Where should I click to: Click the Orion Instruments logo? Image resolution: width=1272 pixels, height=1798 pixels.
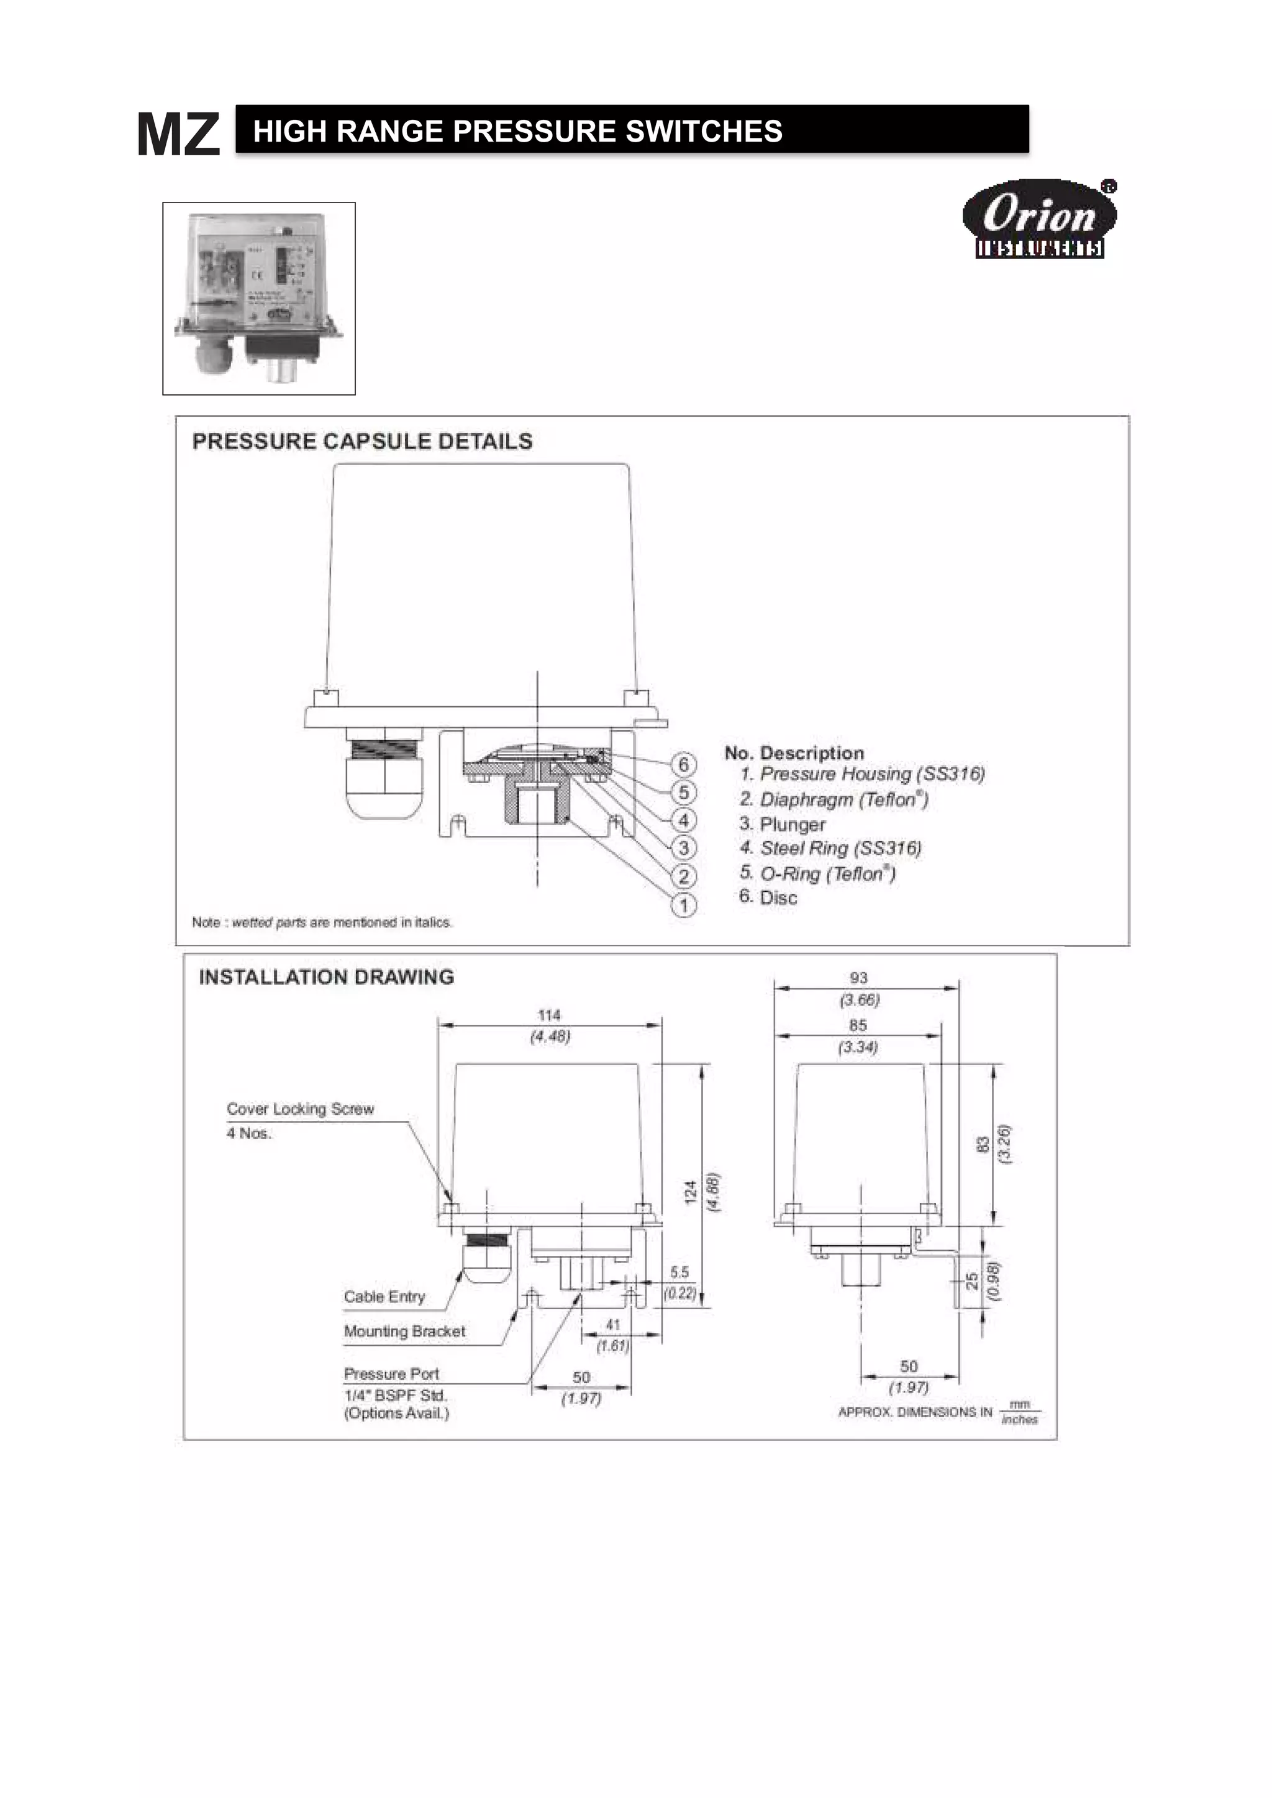[1038, 219]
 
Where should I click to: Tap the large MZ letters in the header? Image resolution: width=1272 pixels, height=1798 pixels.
[179, 135]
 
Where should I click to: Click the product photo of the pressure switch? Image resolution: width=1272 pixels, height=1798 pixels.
[258, 298]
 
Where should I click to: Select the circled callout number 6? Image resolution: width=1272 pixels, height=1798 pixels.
[684, 765]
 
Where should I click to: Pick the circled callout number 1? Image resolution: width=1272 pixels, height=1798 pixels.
[684, 906]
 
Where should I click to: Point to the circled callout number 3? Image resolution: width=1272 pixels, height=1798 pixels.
[684, 848]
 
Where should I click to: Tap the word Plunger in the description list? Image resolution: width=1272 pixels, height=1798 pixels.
[792, 825]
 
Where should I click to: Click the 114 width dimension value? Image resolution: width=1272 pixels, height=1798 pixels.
[549, 1015]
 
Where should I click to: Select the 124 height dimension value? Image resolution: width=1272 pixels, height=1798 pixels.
[691, 1192]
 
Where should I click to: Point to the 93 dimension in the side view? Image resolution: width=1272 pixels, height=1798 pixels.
[858, 978]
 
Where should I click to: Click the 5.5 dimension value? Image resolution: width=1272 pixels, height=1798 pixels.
[679, 1273]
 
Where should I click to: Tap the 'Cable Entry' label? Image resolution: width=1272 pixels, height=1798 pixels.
[384, 1297]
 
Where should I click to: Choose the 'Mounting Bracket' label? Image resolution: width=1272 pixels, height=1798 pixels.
[404, 1332]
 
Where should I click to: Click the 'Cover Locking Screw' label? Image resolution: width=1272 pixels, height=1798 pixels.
[300, 1109]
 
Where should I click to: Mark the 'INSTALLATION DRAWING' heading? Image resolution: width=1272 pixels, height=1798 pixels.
[326, 978]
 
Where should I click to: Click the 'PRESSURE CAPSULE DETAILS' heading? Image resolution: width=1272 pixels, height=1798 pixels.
[362, 442]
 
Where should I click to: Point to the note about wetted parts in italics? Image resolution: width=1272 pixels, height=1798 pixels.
[322, 922]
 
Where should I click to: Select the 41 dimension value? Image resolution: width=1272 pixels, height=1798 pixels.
[612, 1325]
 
